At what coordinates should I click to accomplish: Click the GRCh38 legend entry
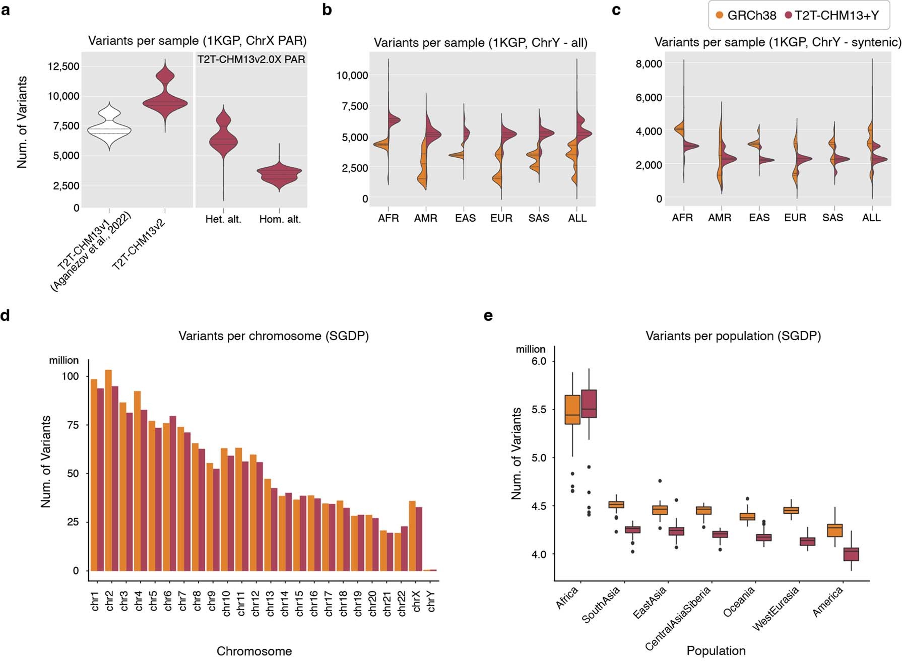pos(746,16)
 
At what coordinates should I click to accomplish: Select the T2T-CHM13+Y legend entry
pos(832,16)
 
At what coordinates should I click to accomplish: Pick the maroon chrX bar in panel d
pos(419,539)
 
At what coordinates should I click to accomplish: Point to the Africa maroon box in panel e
pos(589,404)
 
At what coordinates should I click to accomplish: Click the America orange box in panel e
pos(835,531)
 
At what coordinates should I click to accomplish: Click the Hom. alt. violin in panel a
pos(280,174)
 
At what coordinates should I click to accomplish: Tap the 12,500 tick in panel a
pos(63,67)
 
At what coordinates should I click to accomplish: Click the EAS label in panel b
pos(465,218)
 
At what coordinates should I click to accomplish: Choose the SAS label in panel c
pos(832,218)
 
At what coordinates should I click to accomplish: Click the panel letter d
pos(6,316)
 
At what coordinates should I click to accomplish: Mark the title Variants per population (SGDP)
pos(733,336)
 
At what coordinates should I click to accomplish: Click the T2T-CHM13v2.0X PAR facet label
pos(251,59)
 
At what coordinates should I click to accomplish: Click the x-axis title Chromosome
pos(254,651)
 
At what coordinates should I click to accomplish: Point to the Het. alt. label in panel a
pos(223,219)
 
